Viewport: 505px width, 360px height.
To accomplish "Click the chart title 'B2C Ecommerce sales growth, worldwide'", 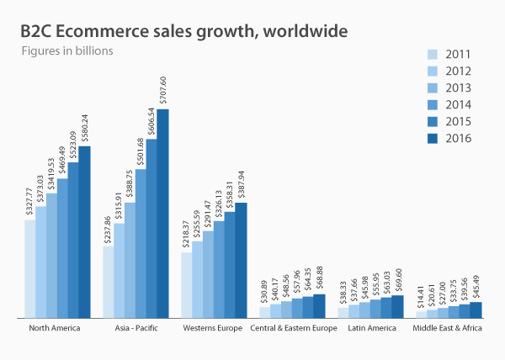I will [x=183, y=31].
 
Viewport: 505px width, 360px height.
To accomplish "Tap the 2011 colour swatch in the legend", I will [x=433, y=53].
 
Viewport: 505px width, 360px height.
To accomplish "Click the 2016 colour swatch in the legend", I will [x=433, y=139].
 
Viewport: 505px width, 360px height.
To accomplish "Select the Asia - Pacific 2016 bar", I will [x=162, y=214].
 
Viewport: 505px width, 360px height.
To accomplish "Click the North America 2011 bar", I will [x=30, y=269].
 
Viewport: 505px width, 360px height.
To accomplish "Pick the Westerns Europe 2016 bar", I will [x=241, y=261].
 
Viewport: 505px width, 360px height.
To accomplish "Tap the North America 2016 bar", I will [x=84, y=232].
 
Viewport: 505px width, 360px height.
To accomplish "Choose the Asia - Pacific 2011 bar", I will [x=108, y=283].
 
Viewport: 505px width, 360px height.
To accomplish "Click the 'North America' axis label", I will [x=54, y=328].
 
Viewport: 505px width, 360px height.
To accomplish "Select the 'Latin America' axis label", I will [x=370, y=328].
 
